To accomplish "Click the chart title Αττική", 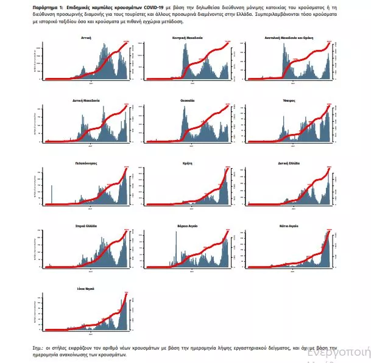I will click(x=87, y=38).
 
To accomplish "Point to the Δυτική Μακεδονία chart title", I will click(x=87, y=100).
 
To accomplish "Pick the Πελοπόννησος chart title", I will click(x=87, y=163).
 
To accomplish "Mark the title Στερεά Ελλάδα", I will click(x=87, y=226).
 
